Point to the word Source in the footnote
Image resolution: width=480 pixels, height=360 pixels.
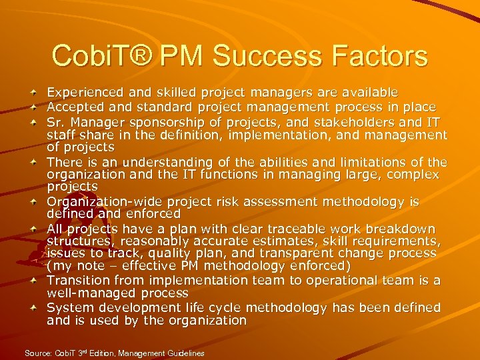click(x=37, y=353)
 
